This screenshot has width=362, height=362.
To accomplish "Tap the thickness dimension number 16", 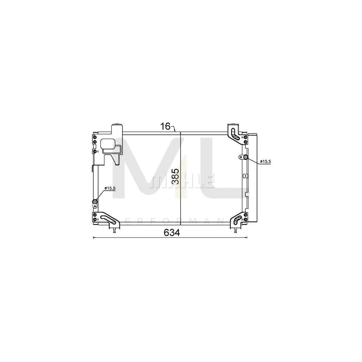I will tap(165, 126).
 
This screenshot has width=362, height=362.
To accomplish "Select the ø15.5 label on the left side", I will tap(110, 188).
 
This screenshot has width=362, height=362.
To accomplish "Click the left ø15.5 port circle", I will tap(95, 202).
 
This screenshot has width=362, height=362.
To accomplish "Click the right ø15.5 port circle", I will tap(246, 157).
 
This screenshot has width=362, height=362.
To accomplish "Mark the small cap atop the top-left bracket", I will tap(116, 125).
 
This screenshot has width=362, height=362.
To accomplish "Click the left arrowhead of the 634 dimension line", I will tap(94, 237).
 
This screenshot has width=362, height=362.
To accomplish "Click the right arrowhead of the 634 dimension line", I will tap(247, 237).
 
